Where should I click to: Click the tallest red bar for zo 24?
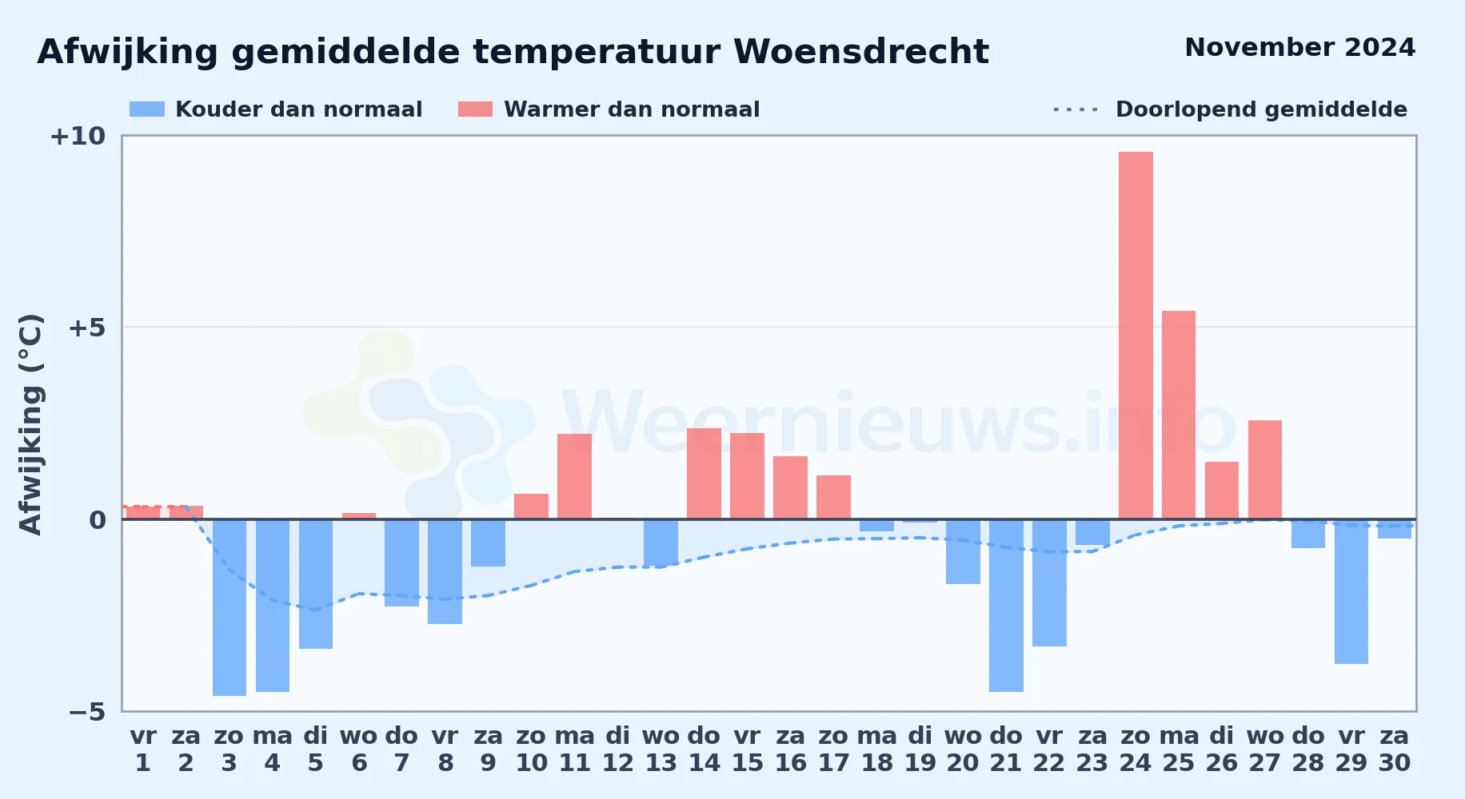1136,336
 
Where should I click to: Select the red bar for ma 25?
1179,415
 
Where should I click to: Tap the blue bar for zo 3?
230,607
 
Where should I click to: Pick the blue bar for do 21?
1006,606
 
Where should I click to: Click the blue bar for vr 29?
1351,591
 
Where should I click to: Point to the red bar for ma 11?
574,476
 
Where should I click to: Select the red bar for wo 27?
1265,470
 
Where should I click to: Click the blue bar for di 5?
316,584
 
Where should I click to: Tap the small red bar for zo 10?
531,507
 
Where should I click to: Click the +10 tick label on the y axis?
78,137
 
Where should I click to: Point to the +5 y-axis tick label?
86,328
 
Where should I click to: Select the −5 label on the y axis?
86,712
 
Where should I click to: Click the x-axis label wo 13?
661,749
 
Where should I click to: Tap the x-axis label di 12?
617,749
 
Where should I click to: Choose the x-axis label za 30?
1395,749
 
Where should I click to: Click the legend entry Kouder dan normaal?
276,109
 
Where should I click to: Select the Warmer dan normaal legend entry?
609,109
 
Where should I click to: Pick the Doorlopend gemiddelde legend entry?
1231,109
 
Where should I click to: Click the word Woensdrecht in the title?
861,52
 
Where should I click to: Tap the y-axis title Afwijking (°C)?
30,424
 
